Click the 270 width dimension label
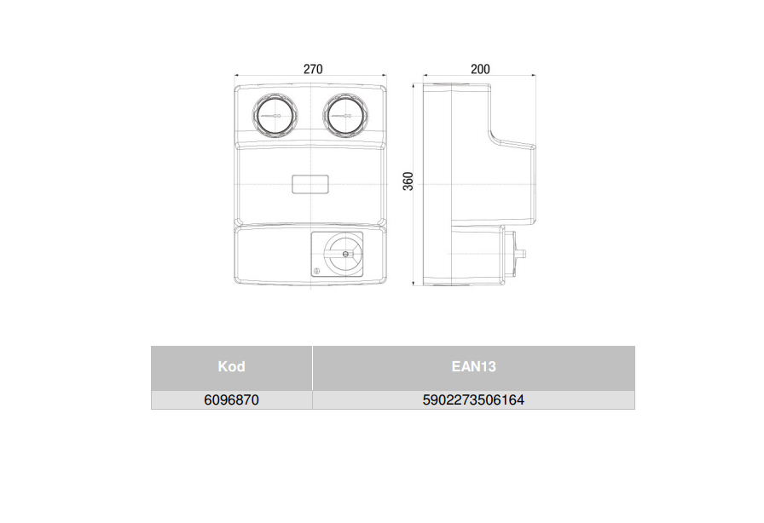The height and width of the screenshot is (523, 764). pos(313,69)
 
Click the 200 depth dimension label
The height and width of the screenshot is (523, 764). pos(480,69)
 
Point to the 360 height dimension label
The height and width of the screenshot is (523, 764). pos(408,181)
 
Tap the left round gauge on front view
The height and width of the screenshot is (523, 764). pos(275,115)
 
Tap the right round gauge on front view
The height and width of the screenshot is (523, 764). pos(345,115)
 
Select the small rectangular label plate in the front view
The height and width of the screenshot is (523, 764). pos(310,184)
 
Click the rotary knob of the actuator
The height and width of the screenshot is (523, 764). pos(344,253)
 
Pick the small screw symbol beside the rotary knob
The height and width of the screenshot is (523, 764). pos(316,271)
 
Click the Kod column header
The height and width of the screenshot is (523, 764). pos(231,366)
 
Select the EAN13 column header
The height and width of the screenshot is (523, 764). pos(473,366)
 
